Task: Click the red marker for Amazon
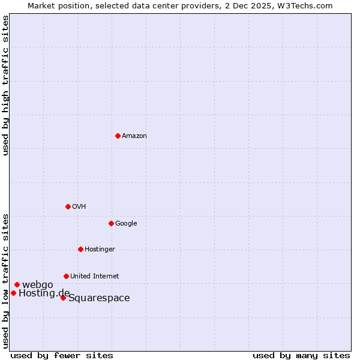click(x=118, y=136)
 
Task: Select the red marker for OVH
click(x=68, y=206)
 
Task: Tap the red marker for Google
click(x=111, y=223)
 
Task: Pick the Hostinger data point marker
click(x=80, y=249)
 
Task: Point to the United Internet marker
click(x=66, y=276)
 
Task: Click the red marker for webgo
click(x=17, y=284)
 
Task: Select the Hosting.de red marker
click(x=13, y=293)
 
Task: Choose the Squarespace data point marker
click(x=63, y=298)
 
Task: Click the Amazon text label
click(x=134, y=136)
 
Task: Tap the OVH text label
click(x=79, y=207)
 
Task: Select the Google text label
click(x=126, y=224)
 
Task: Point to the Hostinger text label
click(x=100, y=250)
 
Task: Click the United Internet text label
click(x=95, y=277)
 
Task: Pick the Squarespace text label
click(x=99, y=298)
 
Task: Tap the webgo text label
click(x=38, y=284)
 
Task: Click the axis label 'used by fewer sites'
click(x=62, y=356)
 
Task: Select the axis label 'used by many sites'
click(x=301, y=356)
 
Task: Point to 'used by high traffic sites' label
click(x=6, y=85)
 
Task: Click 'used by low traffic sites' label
click(x=6, y=280)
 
